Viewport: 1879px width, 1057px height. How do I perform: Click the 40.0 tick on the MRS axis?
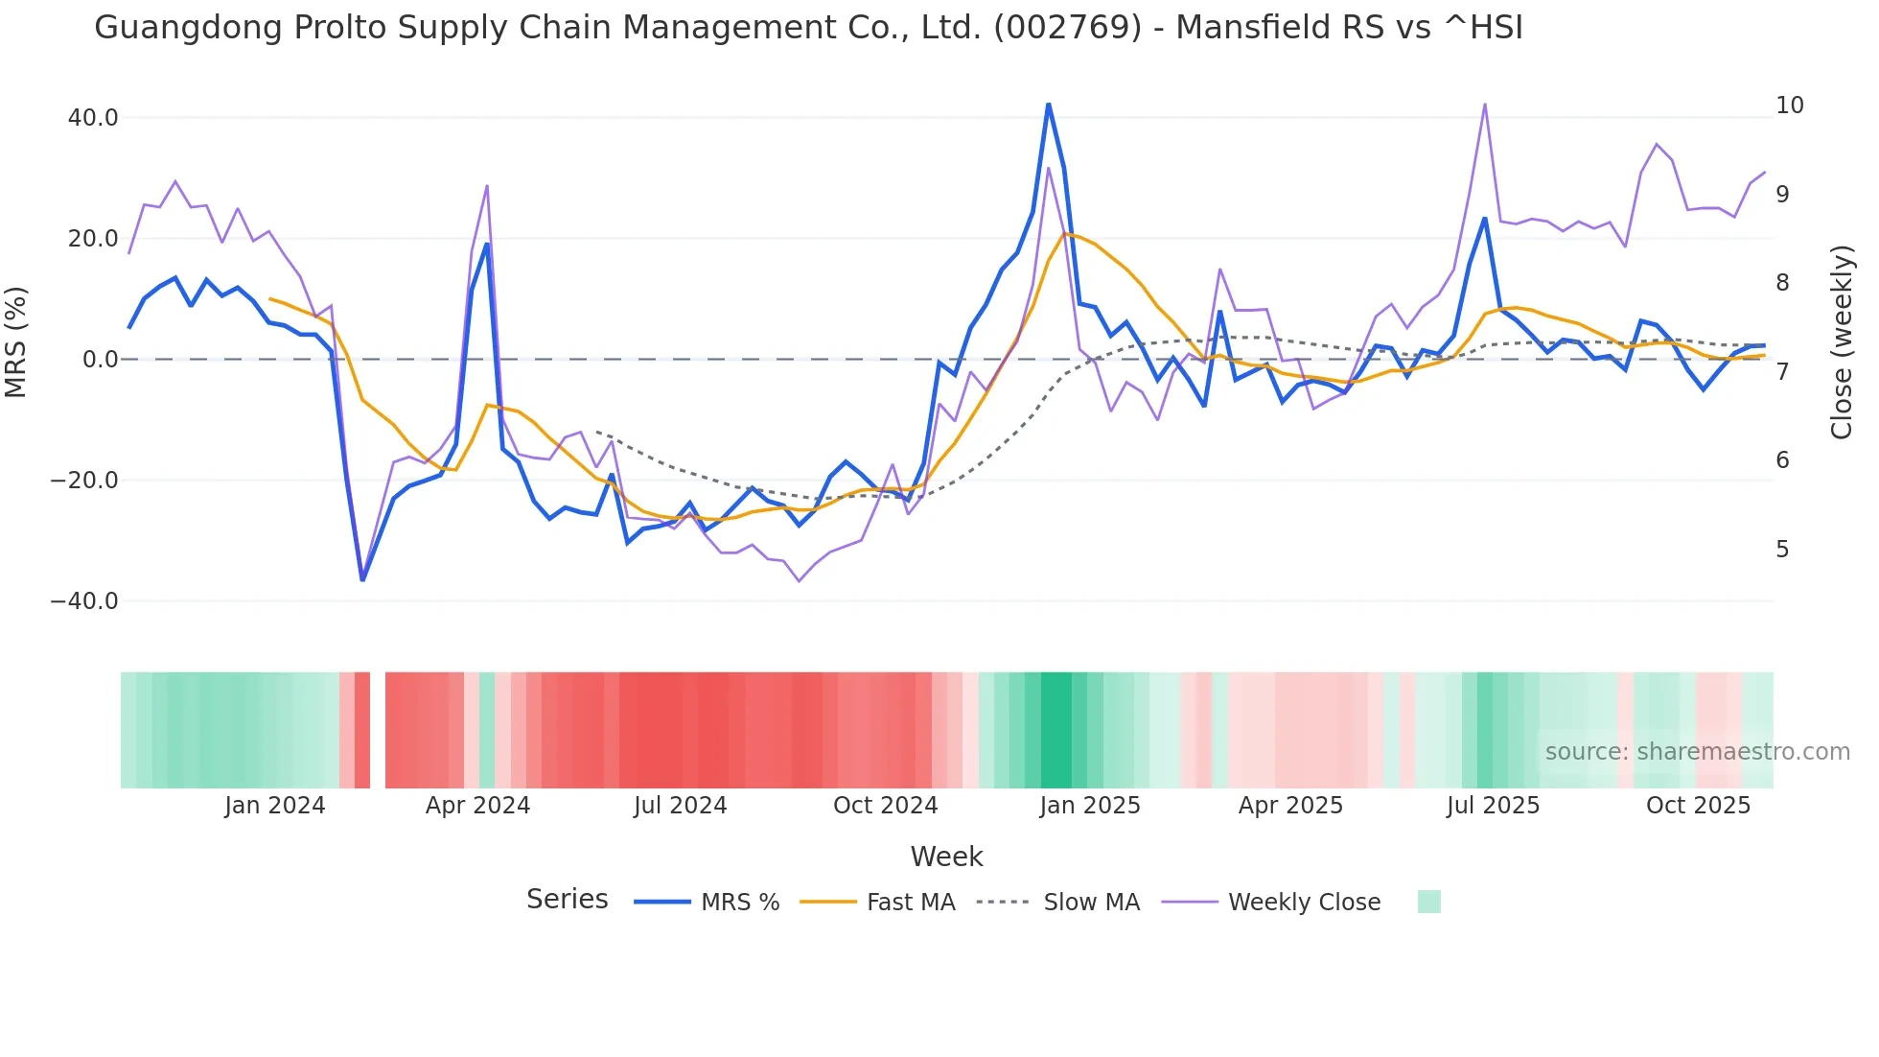pos(92,118)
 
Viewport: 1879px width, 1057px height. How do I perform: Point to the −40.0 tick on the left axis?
pos(84,601)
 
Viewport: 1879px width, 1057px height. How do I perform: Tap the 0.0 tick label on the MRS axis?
pos(100,360)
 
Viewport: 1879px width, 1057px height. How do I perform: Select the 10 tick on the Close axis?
pos(1789,106)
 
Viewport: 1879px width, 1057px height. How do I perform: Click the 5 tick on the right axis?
pos(1782,550)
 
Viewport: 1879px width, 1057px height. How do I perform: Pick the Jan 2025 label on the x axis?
pos(1090,806)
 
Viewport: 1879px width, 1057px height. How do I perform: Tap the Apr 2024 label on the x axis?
pos(477,806)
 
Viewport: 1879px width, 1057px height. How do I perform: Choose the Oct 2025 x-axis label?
pos(1698,806)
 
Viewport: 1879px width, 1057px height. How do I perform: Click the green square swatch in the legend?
pos(1428,902)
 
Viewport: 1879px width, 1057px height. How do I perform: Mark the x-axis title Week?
pos(946,857)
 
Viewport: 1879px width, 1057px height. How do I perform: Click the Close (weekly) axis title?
pos(1841,342)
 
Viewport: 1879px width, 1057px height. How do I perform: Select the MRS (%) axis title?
pos(15,342)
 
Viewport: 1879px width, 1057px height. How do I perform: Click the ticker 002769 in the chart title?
pos(1067,28)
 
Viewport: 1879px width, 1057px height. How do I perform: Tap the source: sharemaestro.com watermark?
pos(1697,752)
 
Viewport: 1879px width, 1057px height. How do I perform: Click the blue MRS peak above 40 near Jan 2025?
pos(1048,105)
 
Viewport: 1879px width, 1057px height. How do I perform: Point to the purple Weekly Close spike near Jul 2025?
pos(1484,105)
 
